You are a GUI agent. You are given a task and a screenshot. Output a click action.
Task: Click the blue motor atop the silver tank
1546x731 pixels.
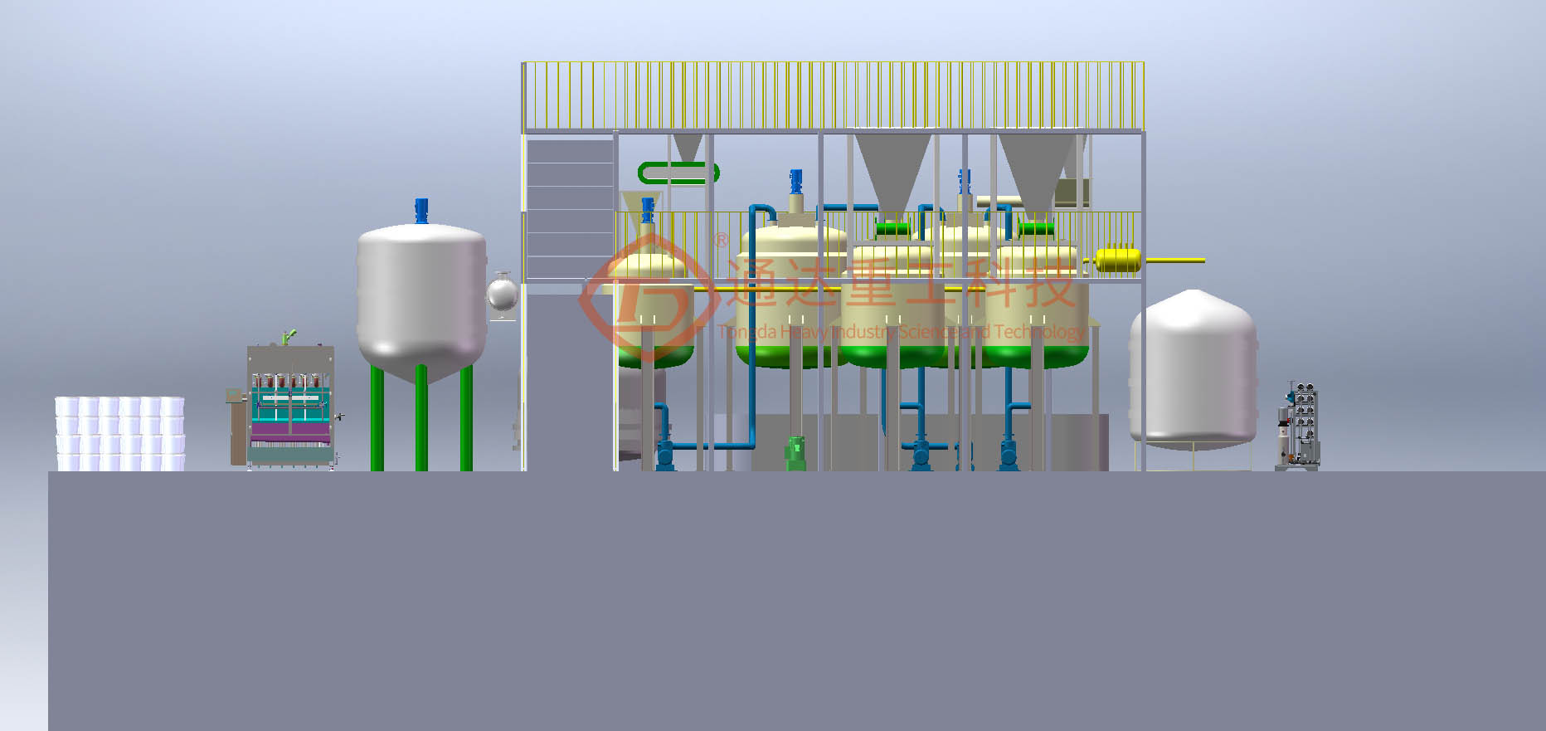click(421, 211)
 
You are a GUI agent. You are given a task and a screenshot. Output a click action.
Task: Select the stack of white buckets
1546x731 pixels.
click(120, 433)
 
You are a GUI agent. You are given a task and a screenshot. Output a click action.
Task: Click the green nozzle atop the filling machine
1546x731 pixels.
click(288, 337)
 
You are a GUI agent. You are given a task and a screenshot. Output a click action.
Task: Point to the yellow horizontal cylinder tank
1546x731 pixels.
click(1118, 260)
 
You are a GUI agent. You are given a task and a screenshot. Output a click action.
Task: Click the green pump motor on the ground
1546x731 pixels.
click(796, 453)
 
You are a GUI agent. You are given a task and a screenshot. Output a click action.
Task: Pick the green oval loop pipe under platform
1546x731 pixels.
click(678, 173)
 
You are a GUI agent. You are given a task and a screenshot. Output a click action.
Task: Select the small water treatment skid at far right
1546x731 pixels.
click(1299, 426)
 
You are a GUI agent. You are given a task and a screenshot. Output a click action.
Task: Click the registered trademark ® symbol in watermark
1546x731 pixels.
click(722, 240)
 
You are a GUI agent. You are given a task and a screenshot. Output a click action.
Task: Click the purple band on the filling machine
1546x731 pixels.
click(290, 432)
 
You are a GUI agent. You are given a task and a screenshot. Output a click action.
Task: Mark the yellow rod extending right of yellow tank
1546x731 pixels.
click(1173, 261)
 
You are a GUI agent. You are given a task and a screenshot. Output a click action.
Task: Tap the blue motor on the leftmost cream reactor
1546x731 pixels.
click(648, 209)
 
